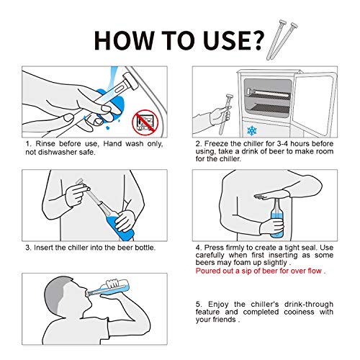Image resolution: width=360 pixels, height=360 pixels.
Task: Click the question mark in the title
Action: click(256, 41)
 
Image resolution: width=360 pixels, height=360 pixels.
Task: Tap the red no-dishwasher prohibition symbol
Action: click(145, 122)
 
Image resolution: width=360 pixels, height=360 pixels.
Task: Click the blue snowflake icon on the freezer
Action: click(252, 131)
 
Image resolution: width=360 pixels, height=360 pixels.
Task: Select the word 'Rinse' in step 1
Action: click(45, 144)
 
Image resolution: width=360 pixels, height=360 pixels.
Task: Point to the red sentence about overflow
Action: click(261, 271)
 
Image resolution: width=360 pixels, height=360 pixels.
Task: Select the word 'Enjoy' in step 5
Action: click(218, 305)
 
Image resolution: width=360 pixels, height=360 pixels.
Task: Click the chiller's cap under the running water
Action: click(130, 81)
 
